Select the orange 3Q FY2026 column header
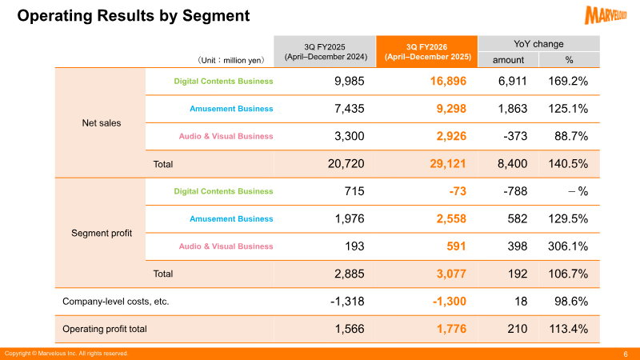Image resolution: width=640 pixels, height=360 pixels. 426,52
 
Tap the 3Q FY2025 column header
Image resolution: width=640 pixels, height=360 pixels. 324,52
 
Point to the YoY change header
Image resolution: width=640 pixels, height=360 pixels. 538,43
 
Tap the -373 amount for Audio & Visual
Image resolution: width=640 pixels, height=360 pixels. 513,137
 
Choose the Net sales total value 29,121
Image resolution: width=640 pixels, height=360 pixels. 435,164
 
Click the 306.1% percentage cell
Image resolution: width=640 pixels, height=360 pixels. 570,247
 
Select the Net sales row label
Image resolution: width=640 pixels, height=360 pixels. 102,123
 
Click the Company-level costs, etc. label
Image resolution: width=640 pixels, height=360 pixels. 115,302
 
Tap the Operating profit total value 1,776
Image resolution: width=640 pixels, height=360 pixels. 438,329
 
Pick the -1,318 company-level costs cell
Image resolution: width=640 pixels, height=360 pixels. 346,302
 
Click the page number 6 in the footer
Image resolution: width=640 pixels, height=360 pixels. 625,354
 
